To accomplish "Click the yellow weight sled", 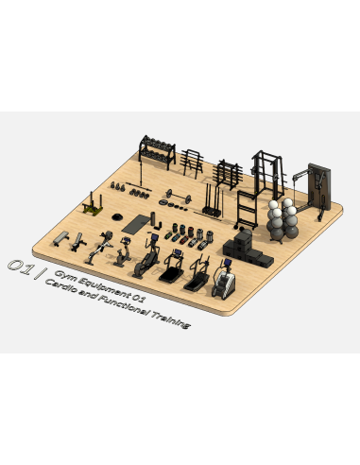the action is click(93, 205).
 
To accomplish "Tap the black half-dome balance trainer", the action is click(117, 216).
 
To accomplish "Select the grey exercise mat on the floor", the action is click(137, 224).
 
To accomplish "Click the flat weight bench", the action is click(61, 238).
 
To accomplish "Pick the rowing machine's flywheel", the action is click(108, 235).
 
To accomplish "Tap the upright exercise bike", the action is click(123, 252).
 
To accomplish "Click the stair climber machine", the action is click(224, 281).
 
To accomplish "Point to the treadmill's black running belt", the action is click(171, 274).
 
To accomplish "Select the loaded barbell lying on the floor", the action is click(179, 196).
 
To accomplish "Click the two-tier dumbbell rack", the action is click(157, 151).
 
